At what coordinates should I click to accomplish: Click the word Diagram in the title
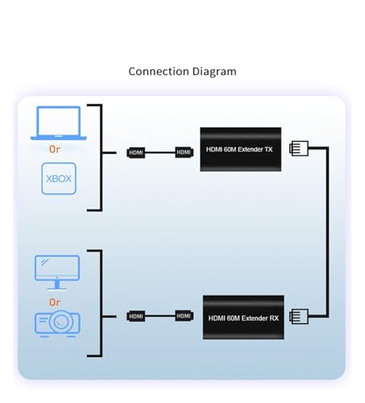tap(214, 72)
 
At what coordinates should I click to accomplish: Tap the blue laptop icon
tap(59, 123)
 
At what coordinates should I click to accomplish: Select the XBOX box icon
tap(59, 178)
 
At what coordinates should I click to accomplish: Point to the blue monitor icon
tap(57, 272)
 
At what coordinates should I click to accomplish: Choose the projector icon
tap(57, 323)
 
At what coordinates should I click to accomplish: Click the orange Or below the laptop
tap(55, 149)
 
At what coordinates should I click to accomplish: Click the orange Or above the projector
tap(55, 302)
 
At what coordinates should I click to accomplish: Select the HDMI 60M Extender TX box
tap(241, 149)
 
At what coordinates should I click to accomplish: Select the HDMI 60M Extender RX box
tap(243, 318)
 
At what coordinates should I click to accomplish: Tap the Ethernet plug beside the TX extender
tap(299, 148)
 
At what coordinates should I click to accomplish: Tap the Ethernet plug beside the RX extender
tap(299, 316)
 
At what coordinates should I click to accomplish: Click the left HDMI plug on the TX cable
tap(136, 152)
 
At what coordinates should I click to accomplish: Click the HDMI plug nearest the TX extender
tap(184, 152)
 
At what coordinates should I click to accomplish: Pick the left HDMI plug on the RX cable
tap(136, 316)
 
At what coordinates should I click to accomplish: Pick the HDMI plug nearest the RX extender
tap(184, 316)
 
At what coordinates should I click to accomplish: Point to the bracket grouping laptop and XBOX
tap(102, 157)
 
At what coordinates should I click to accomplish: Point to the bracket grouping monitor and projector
tap(102, 303)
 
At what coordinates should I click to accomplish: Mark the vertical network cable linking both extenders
tap(327, 232)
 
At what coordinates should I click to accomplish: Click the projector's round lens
tap(61, 322)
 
